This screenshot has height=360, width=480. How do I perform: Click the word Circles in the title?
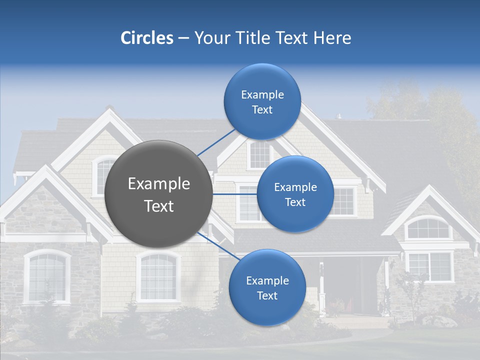coord(146,38)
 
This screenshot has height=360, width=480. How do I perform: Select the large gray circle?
coord(158,194)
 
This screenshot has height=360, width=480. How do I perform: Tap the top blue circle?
coord(262,101)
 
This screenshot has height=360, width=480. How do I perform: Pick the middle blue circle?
coord(295,194)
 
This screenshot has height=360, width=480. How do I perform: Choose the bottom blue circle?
coord(267,288)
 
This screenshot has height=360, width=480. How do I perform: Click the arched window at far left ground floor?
coord(47,276)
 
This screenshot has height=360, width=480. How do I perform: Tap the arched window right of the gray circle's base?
coord(158,276)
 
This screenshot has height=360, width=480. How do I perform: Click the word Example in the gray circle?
coord(158,184)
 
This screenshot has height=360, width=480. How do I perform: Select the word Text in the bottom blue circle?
coord(267,295)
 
